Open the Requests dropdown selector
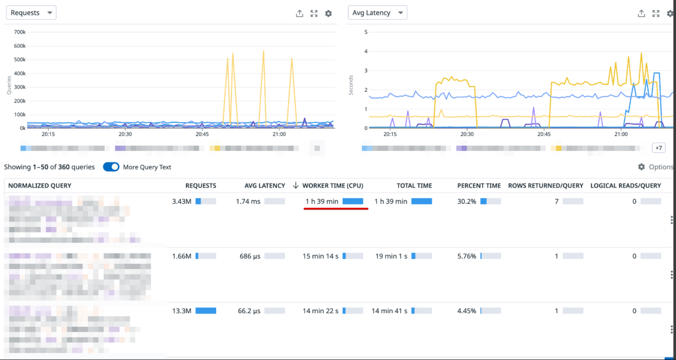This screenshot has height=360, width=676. (31, 12)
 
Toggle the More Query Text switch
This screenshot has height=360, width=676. (111, 167)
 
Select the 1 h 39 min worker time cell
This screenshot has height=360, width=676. (322, 201)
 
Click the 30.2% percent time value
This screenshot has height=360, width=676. (466, 201)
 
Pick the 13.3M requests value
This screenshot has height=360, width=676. (182, 310)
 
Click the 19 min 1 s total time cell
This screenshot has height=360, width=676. (390, 256)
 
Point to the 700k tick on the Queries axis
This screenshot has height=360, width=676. (19, 32)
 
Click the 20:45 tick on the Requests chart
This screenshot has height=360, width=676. (202, 134)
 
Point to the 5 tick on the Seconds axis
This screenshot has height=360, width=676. (366, 32)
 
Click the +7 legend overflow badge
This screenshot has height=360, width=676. (658, 148)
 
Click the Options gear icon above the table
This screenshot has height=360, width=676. (641, 167)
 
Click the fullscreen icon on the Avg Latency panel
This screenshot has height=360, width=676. (656, 14)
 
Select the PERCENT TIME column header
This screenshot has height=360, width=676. (478, 185)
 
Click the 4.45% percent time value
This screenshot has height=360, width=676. (466, 310)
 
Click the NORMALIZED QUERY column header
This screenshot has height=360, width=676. (39, 185)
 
